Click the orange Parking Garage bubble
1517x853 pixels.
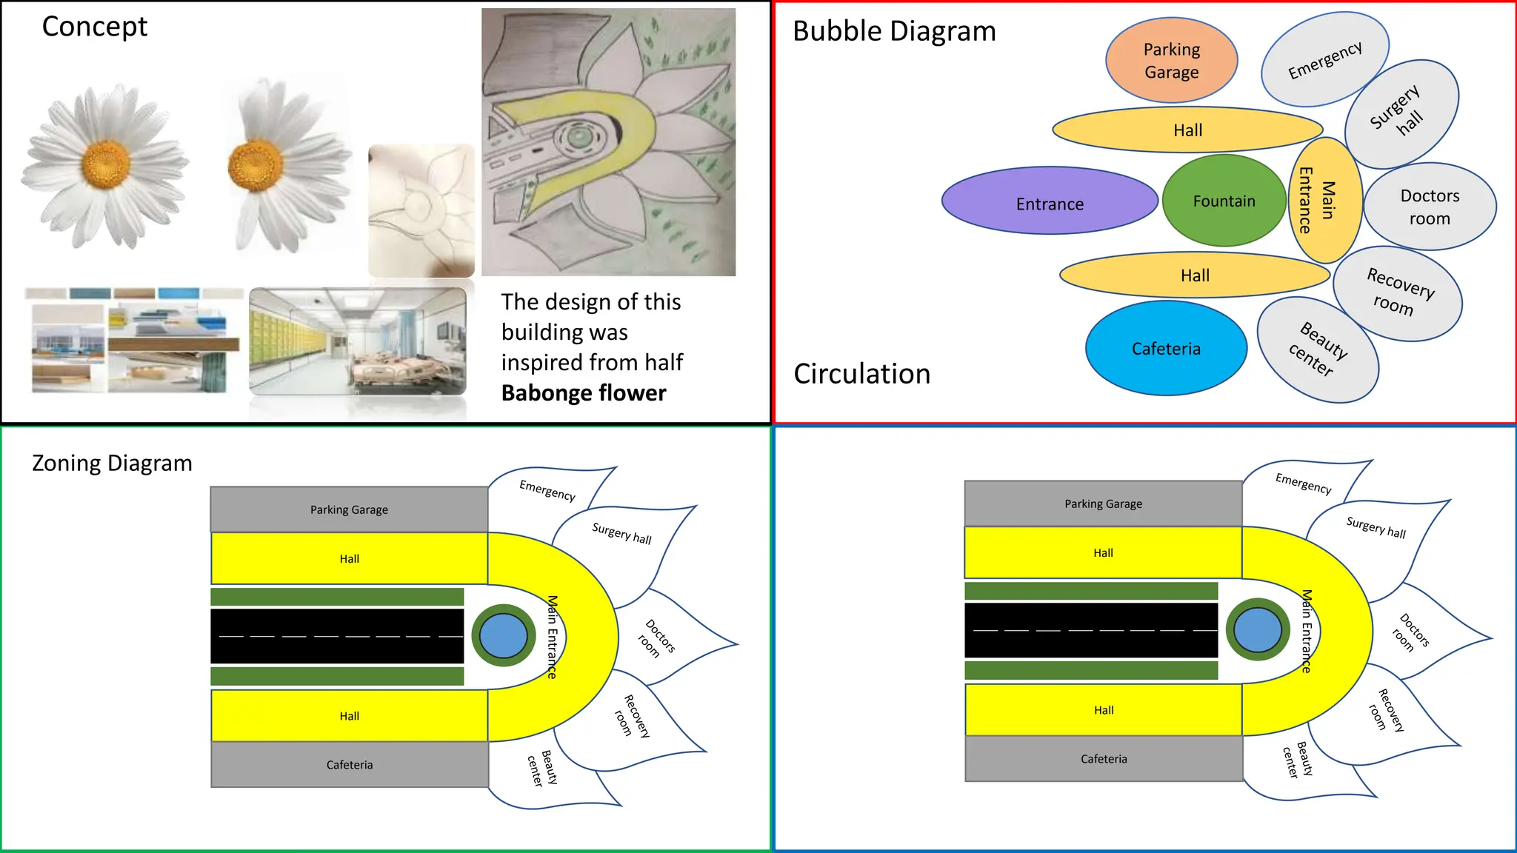[x=1171, y=61]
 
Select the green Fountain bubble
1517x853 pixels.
[x=1224, y=201]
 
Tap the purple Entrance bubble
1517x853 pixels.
[x=1050, y=201]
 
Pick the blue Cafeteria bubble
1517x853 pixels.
[x=1166, y=348]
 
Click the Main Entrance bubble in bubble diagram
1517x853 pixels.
[x=1326, y=200]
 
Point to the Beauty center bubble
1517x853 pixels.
[x=1318, y=350]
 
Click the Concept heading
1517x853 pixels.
[x=94, y=27]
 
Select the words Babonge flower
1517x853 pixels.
[x=584, y=393]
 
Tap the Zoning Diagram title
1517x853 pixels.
[x=112, y=464]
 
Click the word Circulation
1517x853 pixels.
[x=861, y=374]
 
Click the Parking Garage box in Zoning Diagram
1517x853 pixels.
[x=349, y=509]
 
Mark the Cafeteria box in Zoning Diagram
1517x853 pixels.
[x=350, y=765]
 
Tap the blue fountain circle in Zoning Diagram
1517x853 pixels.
[x=503, y=635]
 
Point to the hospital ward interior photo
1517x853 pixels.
[x=358, y=341]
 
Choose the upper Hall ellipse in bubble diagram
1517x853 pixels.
[x=1187, y=130]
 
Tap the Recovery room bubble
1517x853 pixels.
[x=1398, y=294]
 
